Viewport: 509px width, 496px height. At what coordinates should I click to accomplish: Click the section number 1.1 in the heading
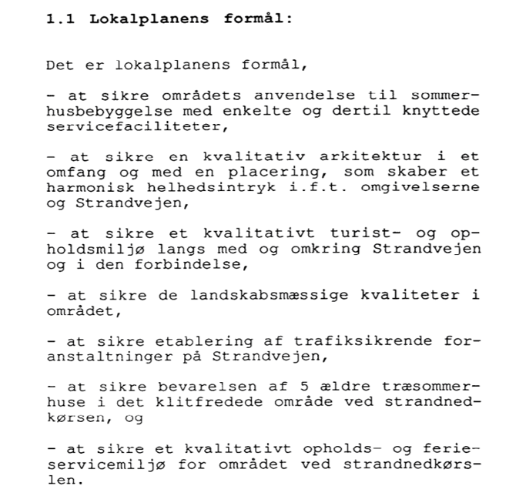click(x=61, y=19)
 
